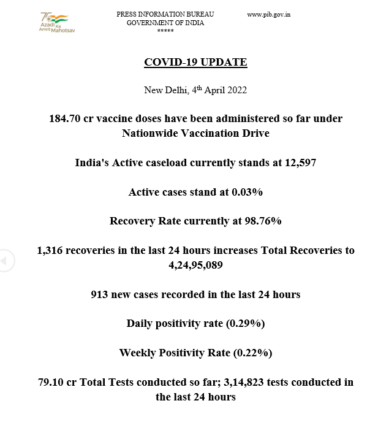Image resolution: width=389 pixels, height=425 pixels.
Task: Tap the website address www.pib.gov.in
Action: point(268,14)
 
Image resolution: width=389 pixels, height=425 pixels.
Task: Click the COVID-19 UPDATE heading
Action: point(195,63)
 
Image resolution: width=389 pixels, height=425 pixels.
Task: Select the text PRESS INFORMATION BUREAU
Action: point(165,14)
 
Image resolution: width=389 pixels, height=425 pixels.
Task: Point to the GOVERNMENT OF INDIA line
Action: point(165,23)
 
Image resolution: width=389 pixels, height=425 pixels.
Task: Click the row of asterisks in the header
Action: point(165,31)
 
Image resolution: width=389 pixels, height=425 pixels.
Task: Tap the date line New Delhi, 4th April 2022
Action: point(195,90)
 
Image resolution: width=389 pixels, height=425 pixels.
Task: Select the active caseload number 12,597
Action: point(298,163)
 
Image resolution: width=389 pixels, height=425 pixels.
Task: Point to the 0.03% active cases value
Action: point(247,192)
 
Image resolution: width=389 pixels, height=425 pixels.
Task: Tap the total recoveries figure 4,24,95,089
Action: point(195,265)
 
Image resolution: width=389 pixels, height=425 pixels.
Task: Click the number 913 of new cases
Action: point(100,294)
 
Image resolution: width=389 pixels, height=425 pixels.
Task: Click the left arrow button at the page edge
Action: point(4,261)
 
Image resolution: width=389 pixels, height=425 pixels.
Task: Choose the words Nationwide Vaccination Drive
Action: point(195,132)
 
